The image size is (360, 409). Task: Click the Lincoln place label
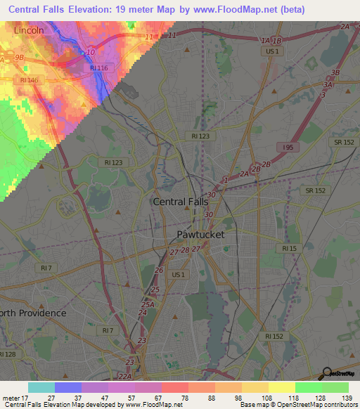[x=28, y=31]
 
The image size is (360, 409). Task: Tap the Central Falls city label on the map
[x=181, y=202]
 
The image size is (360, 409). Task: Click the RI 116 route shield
[x=99, y=67]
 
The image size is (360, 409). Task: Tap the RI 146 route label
[x=30, y=80]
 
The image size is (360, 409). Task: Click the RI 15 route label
[x=289, y=249]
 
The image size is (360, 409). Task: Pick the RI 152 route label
[x=276, y=337]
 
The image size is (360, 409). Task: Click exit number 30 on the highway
[x=210, y=195]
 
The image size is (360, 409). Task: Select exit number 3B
[x=335, y=72]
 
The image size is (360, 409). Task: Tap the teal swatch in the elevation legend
[x=41, y=387]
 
